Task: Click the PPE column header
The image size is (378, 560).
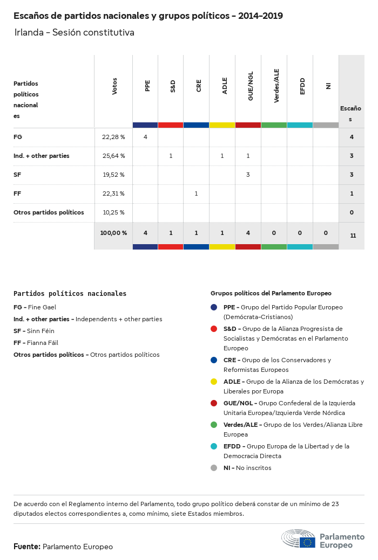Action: [x=147, y=86]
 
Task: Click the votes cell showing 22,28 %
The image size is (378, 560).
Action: [x=113, y=137]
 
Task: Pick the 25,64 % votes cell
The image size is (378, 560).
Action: [x=113, y=156]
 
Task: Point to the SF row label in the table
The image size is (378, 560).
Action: [x=18, y=175]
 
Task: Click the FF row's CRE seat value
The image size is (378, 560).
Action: [x=196, y=193]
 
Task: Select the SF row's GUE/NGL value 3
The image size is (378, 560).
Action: [x=248, y=175]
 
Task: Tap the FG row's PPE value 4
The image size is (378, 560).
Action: [x=145, y=137]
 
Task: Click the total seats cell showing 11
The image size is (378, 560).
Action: [x=353, y=236]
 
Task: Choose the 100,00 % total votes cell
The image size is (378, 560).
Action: [x=113, y=233]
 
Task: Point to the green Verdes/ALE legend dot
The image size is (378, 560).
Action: [x=214, y=424]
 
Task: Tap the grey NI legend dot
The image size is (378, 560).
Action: [x=214, y=467]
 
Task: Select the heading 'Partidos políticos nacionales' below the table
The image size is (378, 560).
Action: [x=70, y=294]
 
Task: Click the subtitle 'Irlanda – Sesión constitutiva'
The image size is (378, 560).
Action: [x=75, y=33]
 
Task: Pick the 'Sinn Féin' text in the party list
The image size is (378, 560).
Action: [x=41, y=331]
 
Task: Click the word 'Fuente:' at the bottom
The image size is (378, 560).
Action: [x=26, y=547]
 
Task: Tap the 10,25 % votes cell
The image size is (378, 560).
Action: [x=113, y=212]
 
